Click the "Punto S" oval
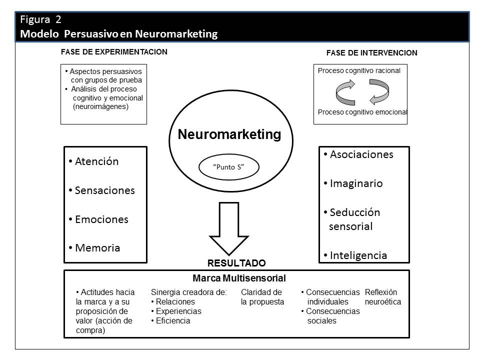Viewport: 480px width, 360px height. pyautogui.click(x=229, y=167)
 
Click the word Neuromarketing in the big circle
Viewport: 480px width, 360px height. pyautogui.click(x=229, y=134)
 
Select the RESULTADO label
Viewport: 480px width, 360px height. pyautogui.click(x=236, y=263)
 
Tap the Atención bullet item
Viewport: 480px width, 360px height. pyautogui.click(x=96, y=161)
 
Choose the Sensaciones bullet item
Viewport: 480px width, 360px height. pyautogui.click(x=104, y=190)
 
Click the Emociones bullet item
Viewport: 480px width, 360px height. pyautogui.click(x=101, y=219)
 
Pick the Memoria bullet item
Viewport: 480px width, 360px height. pyautogui.click(x=97, y=248)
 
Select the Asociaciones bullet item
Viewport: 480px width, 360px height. pyautogui.click(x=361, y=154)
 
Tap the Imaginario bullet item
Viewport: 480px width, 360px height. pyautogui.click(x=356, y=183)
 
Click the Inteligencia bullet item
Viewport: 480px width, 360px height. pyautogui.click(x=358, y=255)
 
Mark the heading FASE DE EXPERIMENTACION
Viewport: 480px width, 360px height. pyautogui.click(x=114, y=51)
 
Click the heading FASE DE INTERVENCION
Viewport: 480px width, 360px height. pyautogui.click(x=371, y=52)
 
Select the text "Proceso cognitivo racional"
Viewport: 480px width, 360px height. pyautogui.click(x=359, y=71)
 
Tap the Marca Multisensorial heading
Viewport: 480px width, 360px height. pyautogui.click(x=239, y=278)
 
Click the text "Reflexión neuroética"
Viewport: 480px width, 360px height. pyautogui.click(x=382, y=297)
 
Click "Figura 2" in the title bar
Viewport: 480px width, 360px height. pyautogui.click(x=41, y=20)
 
